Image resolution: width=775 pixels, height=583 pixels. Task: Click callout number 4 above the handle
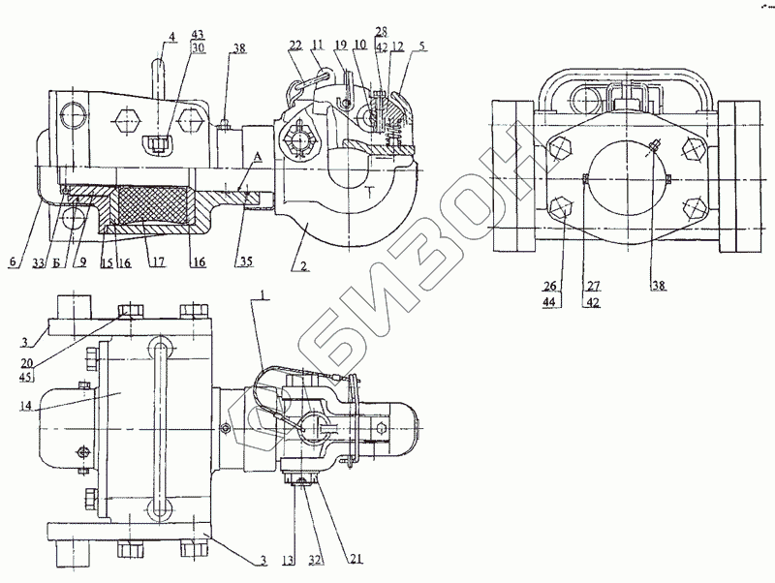(170, 38)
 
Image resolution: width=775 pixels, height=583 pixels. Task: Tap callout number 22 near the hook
(294, 45)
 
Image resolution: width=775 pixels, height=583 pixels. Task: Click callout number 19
(341, 45)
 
